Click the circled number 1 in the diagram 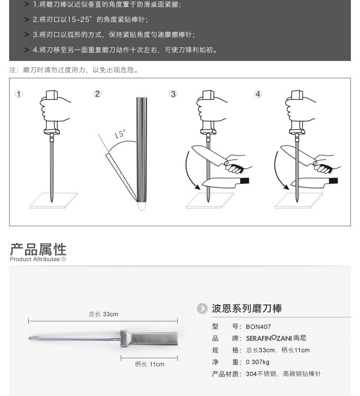click(x=19, y=94)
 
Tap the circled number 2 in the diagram click(x=98, y=94)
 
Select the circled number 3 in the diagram click(x=173, y=94)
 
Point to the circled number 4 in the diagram click(x=258, y=94)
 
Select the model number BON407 click(x=258, y=327)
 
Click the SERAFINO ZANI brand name click(x=269, y=338)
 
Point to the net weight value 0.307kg click(x=257, y=362)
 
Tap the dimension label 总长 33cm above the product click(x=103, y=314)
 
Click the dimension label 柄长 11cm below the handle click(x=149, y=364)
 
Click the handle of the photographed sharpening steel click(x=149, y=338)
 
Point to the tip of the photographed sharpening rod click(x=29, y=338)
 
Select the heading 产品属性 click(x=38, y=249)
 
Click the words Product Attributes click(x=35, y=259)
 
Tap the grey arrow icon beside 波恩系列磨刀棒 click(x=202, y=309)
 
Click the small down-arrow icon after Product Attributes click(x=63, y=259)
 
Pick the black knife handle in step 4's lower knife click(x=334, y=181)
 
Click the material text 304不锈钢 click(x=261, y=374)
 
